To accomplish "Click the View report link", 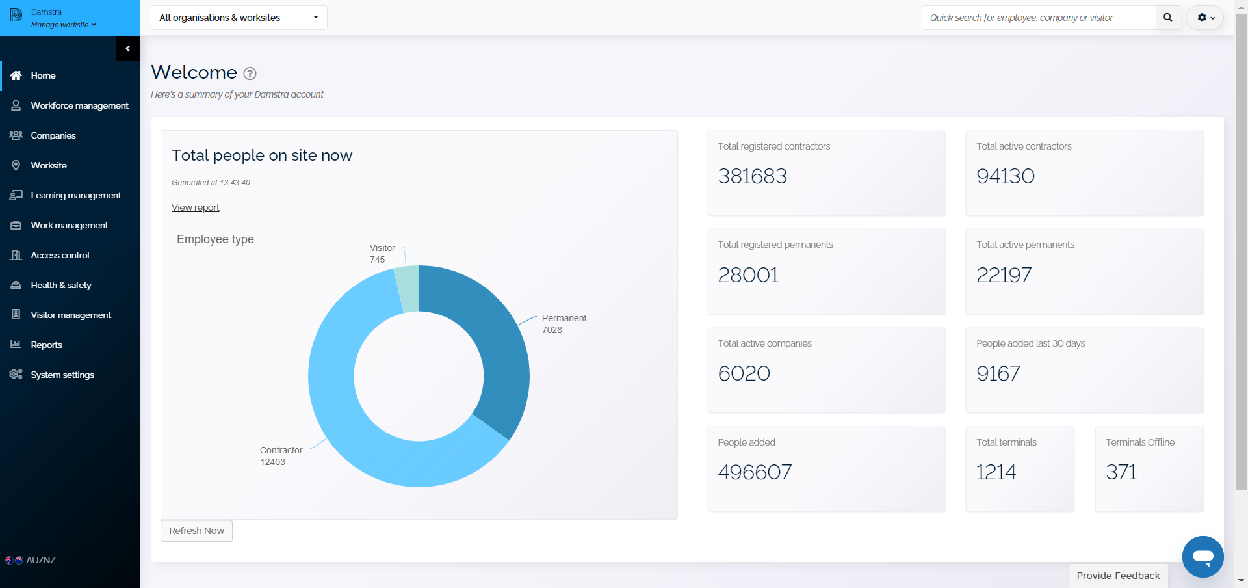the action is click(195, 207).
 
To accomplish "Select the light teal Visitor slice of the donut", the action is click(408, 289).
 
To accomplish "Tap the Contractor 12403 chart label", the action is click(281, 456).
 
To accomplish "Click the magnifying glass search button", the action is click(1168, 18).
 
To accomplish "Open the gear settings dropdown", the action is click(1205, 18).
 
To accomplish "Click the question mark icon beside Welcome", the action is click(250, 73).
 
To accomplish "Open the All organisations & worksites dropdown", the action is click(239, 18).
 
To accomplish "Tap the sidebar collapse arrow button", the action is click(128, 49).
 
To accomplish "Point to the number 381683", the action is click(752, 176).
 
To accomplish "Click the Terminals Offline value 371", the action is click(1121, 472).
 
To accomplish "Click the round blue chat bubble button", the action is click(1203, 557).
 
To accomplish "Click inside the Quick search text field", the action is click(1039, 18).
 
